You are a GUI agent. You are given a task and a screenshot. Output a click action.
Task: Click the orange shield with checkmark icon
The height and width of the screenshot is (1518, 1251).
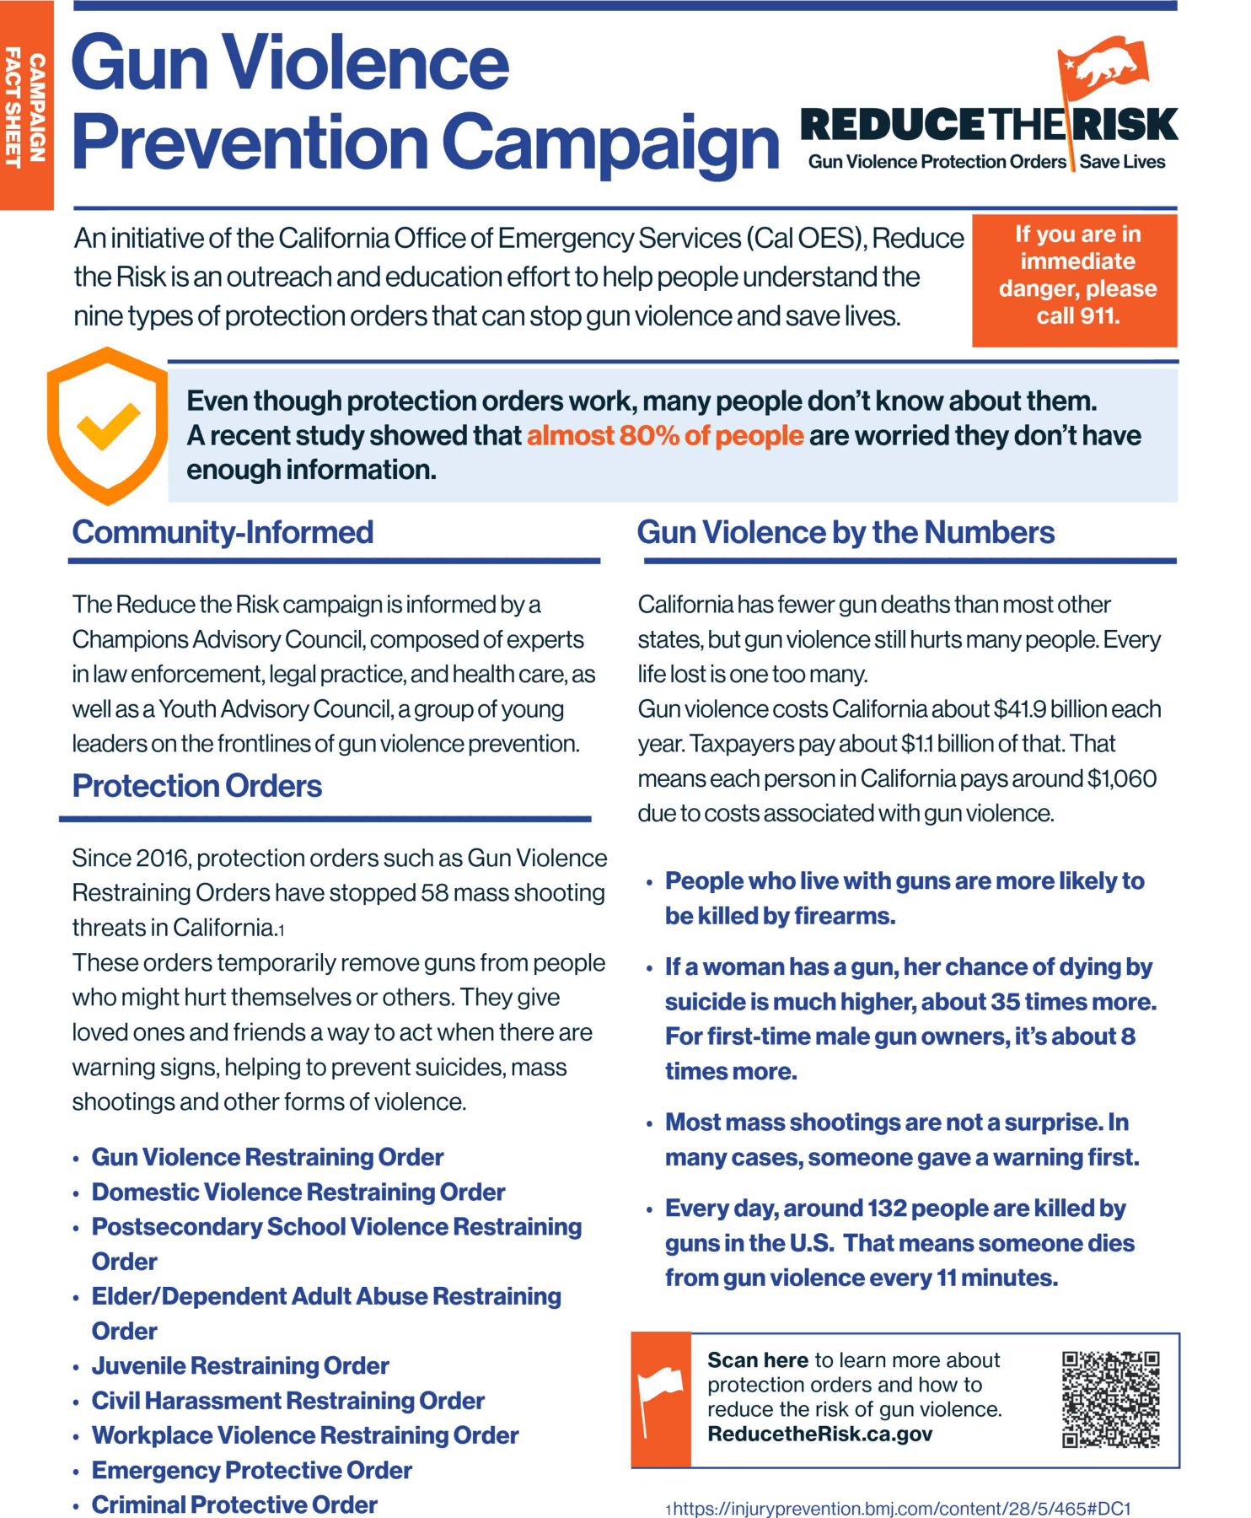click(106, 425)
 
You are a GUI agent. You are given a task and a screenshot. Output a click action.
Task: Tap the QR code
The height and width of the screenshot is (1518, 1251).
click(1110, 1399)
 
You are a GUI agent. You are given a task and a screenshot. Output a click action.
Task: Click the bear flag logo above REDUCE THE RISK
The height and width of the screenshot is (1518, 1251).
click(1103, 66)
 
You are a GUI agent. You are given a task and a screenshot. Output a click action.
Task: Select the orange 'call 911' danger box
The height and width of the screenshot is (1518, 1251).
click(1074, 280)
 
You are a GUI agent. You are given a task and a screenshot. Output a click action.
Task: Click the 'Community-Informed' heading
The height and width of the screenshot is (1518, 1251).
click(223, 533)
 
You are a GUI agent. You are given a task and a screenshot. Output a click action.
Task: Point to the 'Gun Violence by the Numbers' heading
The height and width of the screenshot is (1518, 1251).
click(846, 533)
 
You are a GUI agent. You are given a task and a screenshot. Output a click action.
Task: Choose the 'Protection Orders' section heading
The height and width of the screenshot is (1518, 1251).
click(197, 786)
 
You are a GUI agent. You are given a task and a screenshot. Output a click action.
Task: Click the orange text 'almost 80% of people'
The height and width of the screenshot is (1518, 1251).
click(665, 436)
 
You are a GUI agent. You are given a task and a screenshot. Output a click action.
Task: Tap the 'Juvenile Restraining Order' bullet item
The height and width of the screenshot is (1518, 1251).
click(240, 1365)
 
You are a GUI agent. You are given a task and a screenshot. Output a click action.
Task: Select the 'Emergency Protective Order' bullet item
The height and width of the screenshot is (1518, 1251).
click(251, 1470)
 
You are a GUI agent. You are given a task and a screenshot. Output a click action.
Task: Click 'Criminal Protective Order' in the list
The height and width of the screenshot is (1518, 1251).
click(234, 1505)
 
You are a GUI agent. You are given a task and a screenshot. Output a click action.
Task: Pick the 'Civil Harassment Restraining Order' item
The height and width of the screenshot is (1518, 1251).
click(287, 1401)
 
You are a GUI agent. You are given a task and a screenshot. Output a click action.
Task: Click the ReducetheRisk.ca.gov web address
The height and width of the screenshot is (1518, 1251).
click(819, 1435)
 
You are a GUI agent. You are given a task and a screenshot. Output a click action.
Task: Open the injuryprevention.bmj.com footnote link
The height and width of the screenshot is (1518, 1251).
click(901, 1509)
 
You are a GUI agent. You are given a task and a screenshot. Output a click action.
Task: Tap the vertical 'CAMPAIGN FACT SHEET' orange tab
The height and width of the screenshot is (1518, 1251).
click(25, 105)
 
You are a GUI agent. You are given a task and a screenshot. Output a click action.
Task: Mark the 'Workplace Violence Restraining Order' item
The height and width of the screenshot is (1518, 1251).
click(304, 1435)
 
